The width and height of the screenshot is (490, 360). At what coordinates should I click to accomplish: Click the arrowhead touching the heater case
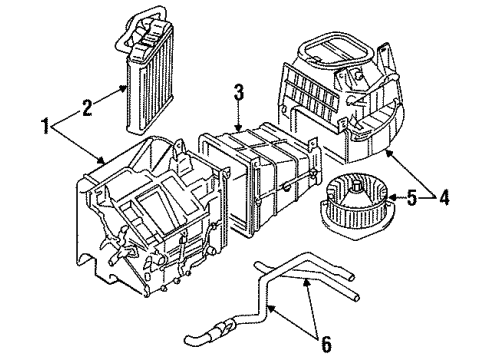(x=102, y=160)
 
